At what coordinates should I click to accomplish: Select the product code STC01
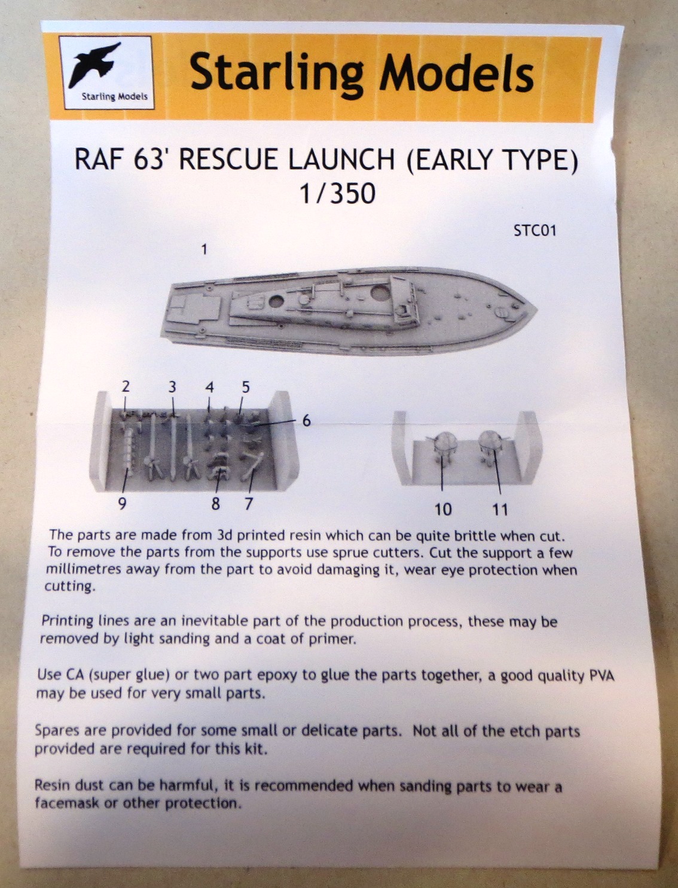pos(535,231)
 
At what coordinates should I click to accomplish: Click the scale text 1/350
pos(338,194)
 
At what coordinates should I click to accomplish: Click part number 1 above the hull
pos(204,249)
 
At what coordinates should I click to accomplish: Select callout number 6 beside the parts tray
pos(307,421)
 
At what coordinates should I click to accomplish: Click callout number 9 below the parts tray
pos(123,503)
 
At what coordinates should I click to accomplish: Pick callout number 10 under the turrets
pos(442,509)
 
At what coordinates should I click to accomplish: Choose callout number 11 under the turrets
pos(500,509)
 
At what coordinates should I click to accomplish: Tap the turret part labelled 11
pos(490,446)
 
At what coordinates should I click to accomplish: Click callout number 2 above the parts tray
pos(126,387)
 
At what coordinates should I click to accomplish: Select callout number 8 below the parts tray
pos(216,503)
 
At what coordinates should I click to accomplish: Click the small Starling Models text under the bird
pos(114,97)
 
